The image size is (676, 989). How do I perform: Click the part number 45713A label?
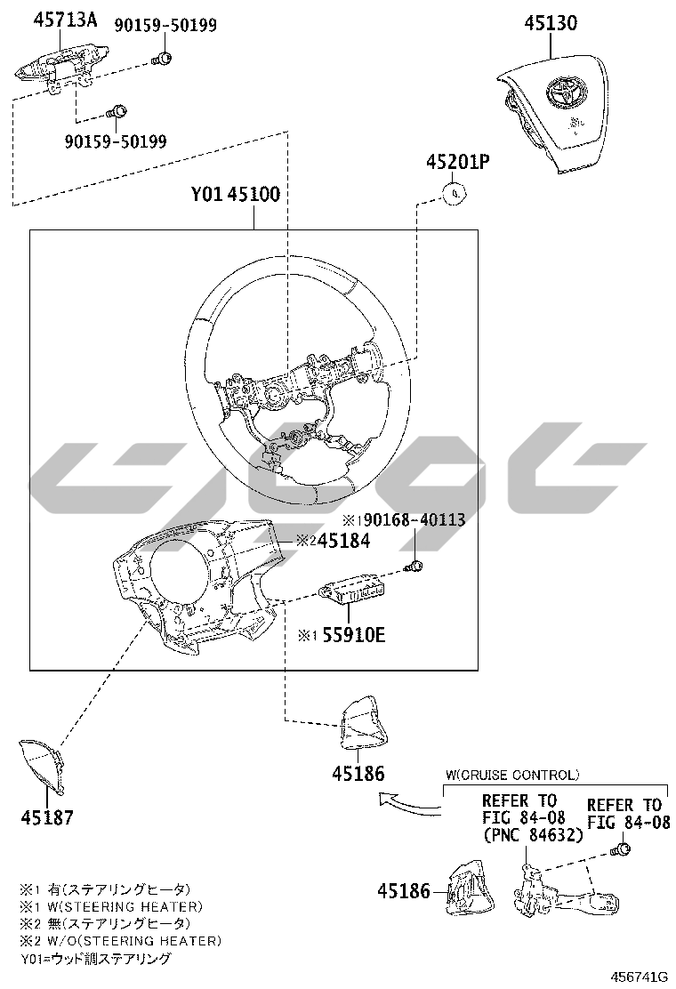click(x=65, y=20)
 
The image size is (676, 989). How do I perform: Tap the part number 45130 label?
click(x=551, y=23)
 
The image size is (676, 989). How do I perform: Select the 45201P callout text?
click(x=458, y=162)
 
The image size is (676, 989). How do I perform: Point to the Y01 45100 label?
click(x=236, y=194)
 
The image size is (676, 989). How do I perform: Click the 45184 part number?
click(x=343, y=541)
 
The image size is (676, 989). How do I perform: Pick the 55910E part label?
click(x=353, y=634)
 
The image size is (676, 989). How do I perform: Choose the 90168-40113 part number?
click(x=414, y=519)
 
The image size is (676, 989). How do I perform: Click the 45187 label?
click(x=47, y=818)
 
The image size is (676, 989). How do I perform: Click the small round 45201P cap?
click(x=455, y=194)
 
